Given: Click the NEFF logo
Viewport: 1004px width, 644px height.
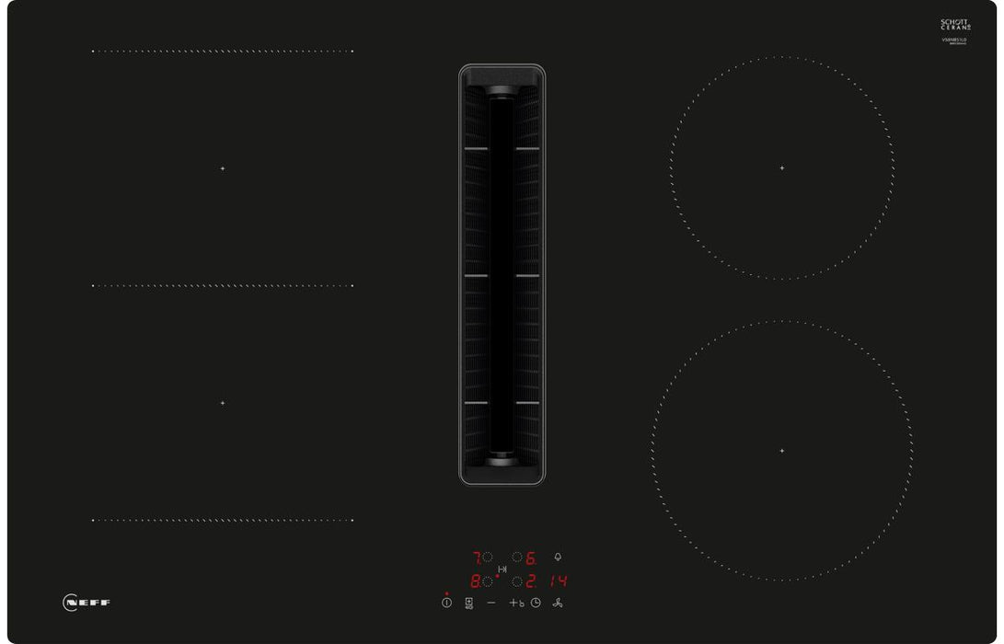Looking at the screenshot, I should [87, 603].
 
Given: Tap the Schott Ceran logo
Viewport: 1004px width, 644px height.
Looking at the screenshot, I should [955, 26].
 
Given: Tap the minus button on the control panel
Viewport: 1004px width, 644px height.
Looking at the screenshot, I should [491, 603].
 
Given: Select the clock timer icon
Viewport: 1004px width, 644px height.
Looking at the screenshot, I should [536, 603].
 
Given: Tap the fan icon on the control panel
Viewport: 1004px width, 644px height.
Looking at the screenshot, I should [558, 603].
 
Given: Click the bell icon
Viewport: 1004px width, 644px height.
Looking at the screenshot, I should [558, 557].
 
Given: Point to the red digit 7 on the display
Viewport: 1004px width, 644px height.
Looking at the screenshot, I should [477, 558].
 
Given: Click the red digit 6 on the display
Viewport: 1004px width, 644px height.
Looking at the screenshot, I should [531, 558].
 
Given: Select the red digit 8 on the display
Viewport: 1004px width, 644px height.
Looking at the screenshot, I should [476, 581].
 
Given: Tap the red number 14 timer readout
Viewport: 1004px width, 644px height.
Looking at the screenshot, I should [558, 581].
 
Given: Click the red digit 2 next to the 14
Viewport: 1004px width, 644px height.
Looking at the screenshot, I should [531, 581].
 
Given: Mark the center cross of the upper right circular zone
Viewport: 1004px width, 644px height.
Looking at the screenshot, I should [782, 168].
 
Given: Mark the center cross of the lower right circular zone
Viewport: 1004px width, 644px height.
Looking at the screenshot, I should [782, 451].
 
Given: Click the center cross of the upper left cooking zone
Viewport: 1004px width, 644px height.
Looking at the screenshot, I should [222, 168].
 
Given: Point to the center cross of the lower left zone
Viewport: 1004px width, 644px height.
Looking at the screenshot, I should [222, 403].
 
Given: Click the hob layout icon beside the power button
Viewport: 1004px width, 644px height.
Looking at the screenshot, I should [469, 603].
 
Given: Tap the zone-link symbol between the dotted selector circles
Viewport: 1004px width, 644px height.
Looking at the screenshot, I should [502, 569].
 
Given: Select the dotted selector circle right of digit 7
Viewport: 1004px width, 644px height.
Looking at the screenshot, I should [489, 557].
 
